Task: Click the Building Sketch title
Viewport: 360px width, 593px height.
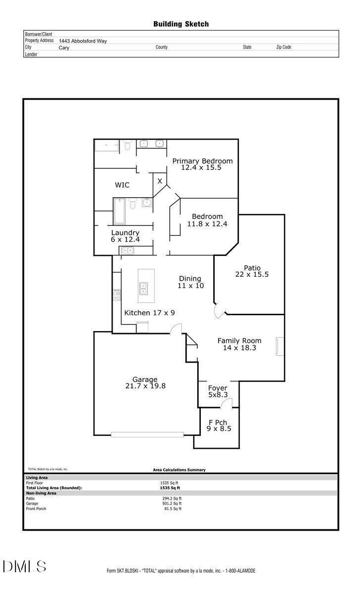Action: coord(181,24)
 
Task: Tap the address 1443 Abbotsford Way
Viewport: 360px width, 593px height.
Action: coord(83,41)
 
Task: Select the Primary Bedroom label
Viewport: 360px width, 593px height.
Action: coord(202,161)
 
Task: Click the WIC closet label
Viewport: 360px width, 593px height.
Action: coord(122,185)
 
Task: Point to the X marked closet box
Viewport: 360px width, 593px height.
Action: coord(160,181)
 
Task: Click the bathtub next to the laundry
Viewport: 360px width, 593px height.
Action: coord(119,212)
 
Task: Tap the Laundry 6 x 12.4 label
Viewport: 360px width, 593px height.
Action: coord(125,236)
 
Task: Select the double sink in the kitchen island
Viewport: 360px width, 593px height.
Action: coord(143,288)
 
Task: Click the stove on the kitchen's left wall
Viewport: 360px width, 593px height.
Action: coord(117,295)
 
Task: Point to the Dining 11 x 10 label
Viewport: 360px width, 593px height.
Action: coord(190,282)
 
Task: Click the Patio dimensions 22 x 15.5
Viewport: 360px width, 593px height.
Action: coord(252,275)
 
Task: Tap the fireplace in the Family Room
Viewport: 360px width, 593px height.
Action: coord(280,346)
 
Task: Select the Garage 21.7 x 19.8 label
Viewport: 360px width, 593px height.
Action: coord(145,382)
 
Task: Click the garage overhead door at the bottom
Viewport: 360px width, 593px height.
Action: coord(147,434)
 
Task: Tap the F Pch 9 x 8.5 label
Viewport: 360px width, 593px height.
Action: coord(219,425)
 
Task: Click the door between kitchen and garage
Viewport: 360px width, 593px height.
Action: coord(176,329)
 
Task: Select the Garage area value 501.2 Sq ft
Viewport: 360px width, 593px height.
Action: coord(172,504)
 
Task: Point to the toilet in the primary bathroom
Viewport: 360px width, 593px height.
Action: coord(128,145)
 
